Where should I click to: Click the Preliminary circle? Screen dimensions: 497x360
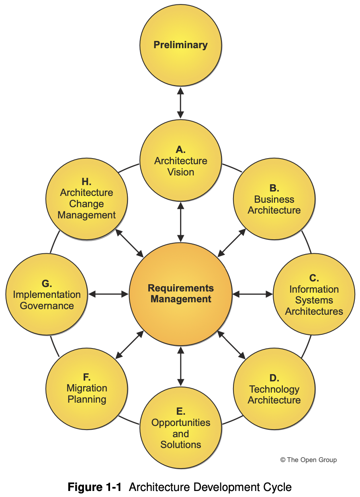point(180,45)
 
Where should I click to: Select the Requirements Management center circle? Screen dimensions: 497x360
point(180,294)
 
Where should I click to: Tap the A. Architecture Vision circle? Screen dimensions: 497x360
point(180,161)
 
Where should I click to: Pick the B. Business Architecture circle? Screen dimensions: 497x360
point(274,200)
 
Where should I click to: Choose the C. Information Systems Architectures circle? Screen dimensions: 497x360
point(314,294)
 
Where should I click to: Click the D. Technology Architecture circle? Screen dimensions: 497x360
point(274,389)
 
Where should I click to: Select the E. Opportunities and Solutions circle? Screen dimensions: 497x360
point(180,428)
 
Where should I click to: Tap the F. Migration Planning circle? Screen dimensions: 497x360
point(87,389)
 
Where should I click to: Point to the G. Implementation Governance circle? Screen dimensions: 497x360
point(47,294)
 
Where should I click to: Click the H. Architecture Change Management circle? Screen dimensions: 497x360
point(87,200)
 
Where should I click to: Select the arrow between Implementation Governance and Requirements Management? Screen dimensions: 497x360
point(108,294)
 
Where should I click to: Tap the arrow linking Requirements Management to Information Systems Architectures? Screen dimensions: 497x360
point(253,294)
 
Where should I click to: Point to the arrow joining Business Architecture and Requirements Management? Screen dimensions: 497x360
point(231,243)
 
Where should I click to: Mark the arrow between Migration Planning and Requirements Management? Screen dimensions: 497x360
point(129,345)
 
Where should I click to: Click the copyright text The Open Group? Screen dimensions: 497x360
point(309,460)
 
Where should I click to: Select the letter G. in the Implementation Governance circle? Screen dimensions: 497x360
point(47,283)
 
